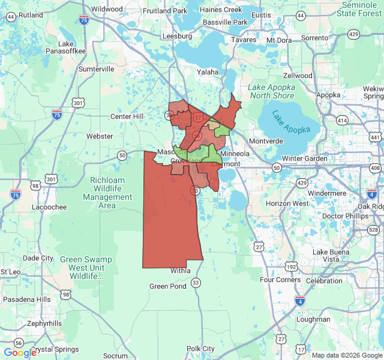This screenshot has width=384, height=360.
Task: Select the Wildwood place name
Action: coord(107,9)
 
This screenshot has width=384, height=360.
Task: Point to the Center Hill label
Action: coord(127,116)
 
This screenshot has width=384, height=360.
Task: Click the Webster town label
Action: coord(100,136)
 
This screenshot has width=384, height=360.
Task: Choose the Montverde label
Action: coord(265,141)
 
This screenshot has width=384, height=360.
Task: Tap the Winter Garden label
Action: coord(305,158)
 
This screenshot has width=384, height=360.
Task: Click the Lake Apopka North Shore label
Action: coord(272,91)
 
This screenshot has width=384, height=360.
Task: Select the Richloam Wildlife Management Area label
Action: coord(107,192)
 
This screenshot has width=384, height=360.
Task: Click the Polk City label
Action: coord(200,349)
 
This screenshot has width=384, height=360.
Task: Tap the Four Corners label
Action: coord(280,280)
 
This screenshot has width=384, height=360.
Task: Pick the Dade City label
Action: coord(38,258)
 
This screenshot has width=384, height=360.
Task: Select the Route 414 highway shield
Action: coord(342,121)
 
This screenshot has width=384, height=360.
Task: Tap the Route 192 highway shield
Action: coord(290,266)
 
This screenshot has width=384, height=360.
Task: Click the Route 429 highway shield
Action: coord(302,182)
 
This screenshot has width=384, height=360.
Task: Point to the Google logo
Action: coord(20,353)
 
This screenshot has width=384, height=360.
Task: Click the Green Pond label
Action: coord(168,286)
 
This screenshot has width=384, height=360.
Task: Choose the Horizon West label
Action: coord(287,203)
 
